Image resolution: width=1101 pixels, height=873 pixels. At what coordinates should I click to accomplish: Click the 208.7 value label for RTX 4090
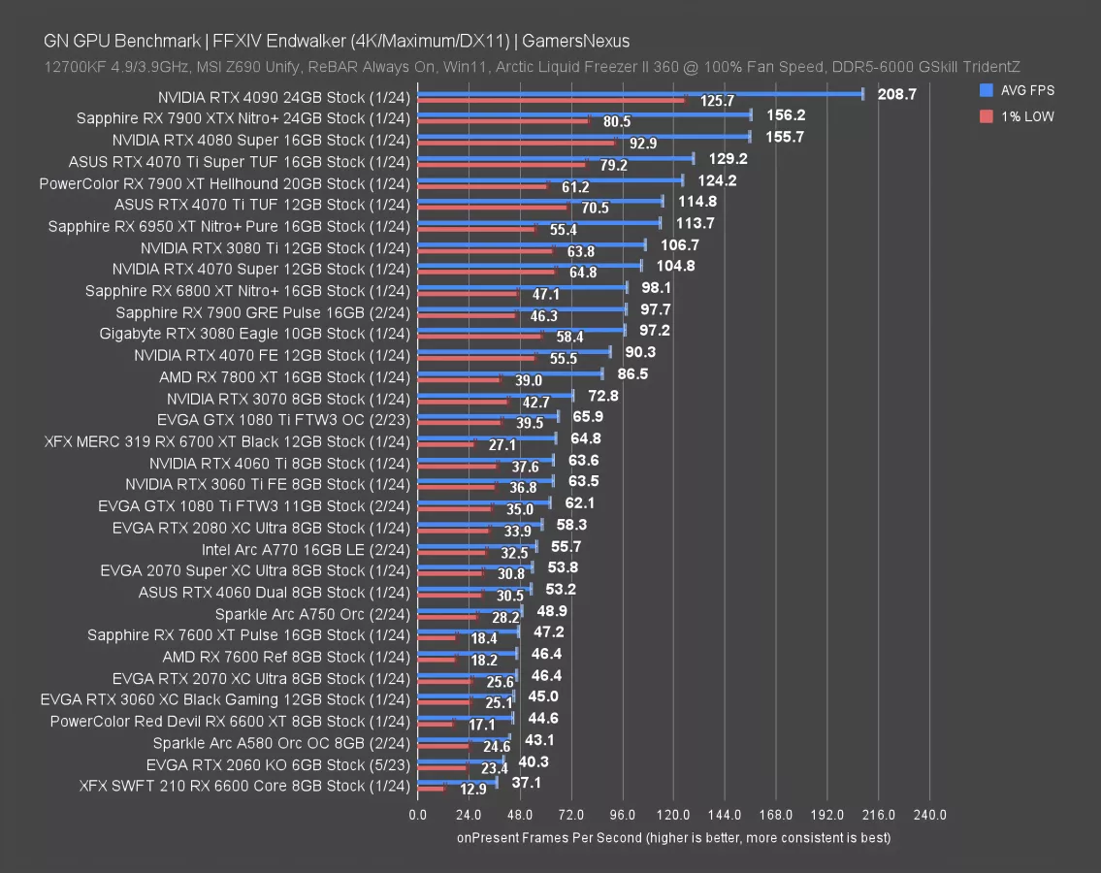pyautogui.click(x=896, y=94)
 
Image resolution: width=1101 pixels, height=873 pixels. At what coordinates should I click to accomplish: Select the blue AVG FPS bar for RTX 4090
pyautogui.click(x=640, y=94)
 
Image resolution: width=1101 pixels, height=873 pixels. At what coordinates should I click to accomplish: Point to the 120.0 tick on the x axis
pyautogui.click(x=673, y=815)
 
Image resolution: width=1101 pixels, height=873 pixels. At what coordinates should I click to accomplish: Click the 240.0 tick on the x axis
pyautogui.click(x=930, y=815)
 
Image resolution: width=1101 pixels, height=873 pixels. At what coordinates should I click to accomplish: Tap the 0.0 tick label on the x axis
pyautogui.click(x=417, y=815)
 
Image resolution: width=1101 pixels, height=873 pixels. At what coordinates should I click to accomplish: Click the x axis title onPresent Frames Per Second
pyautogui.click(x=673, y=837)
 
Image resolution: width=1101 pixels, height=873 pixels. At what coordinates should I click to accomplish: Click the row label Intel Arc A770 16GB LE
pyautogui.click(x=306, y=549)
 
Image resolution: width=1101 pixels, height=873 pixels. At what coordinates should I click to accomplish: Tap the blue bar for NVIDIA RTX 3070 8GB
pyautogui.click(x=495, y=395)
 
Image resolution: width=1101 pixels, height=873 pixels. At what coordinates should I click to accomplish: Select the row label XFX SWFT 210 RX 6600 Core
pyautogui.click(x=245, y=786)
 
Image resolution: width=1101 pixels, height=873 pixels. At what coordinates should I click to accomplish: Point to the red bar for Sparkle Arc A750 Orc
pyautogui.click(x=446, y=617)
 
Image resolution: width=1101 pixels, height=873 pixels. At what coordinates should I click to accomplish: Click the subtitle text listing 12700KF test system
pyautogui.click(x=532, y=66)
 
